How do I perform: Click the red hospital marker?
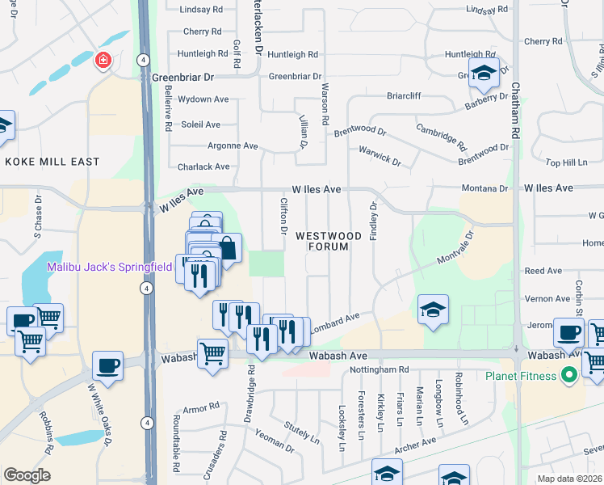(x=103, y=61)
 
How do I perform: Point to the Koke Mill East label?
(x=52, y=162)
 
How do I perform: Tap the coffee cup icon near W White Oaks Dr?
(x=107, y=365)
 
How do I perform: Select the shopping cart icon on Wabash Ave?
(x=212, y=352)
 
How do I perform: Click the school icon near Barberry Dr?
(x=484, y=74)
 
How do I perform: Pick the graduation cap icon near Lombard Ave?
(x=433, y=310)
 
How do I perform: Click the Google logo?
(x=27, y=475)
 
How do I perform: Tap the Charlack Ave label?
(x=203, y=167)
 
